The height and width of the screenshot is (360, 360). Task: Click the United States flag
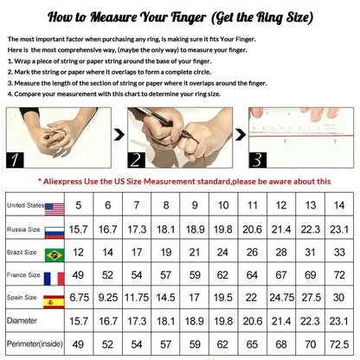pos(55,209)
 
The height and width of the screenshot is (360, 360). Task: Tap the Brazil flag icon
pos(55,255)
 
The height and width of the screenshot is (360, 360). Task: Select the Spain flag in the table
pos(54,302)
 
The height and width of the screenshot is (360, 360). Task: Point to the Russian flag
pos(55,233)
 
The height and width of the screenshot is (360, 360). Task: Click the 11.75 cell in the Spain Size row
pos(137,298)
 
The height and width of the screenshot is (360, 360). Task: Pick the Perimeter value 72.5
pos(339,344)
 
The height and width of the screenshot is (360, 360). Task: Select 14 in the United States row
pos(339,205)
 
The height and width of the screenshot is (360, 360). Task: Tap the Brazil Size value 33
pos(339,252)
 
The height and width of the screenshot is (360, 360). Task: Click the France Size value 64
pos(252,275)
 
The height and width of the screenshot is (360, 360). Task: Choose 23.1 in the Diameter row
pos(339,321)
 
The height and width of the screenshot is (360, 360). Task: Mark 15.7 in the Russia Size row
pos(79,229)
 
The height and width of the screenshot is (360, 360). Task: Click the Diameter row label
pos(22,320)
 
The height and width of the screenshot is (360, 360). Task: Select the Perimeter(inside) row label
pos(35,344)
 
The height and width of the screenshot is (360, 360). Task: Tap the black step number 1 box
pos(15,160)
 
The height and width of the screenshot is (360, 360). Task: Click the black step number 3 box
pos(258,160)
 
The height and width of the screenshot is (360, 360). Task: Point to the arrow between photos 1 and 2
pos(119,135)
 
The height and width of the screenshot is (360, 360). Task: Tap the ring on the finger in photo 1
pos(64,133)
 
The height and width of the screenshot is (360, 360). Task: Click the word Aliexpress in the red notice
pos(62,182)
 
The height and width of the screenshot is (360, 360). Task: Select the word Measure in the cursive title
pos(114,17)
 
